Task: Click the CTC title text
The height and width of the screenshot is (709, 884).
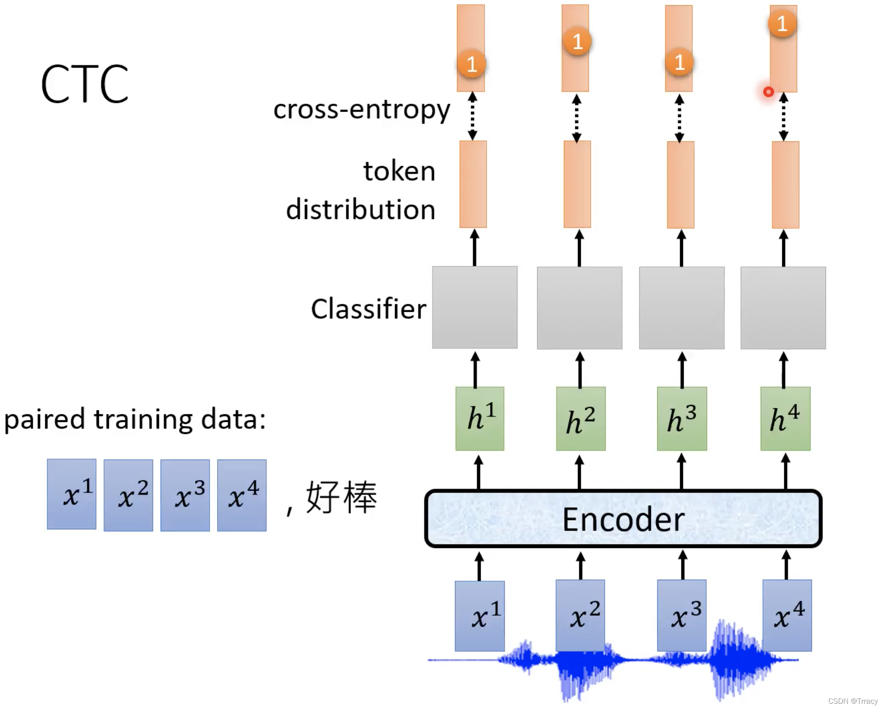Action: [85, 84]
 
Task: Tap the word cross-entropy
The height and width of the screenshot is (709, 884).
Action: [362, 110]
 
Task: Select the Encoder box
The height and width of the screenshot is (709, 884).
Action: [623, 519]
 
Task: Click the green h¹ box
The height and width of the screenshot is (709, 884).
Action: [480, 419]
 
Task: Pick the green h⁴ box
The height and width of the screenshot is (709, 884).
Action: [785, 419]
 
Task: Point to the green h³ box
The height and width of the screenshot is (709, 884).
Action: [682, 419]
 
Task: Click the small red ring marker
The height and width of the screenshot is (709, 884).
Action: [768, 92]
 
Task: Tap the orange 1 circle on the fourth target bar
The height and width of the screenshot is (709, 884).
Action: [782, 23]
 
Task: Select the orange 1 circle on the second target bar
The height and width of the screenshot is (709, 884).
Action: [577, 41]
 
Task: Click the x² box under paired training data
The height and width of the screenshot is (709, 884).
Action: [128, 495]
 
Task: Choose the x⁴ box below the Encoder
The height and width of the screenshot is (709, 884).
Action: [787, 615]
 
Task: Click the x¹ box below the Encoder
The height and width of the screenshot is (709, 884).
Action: [480, 616]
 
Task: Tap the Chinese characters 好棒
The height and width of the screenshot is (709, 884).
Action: [341, 497]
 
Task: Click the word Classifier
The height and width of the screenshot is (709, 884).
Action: [368, 309]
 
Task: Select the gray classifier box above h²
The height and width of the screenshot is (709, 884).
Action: [579, 308]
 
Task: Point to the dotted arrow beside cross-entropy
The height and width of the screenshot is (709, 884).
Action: [472, 116]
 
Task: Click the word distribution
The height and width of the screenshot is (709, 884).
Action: [360, 209]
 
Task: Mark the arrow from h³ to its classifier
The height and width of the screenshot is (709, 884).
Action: [682, 370]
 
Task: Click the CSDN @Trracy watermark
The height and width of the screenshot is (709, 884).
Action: [852, 701]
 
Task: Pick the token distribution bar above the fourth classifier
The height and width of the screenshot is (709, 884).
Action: [785, 185]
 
